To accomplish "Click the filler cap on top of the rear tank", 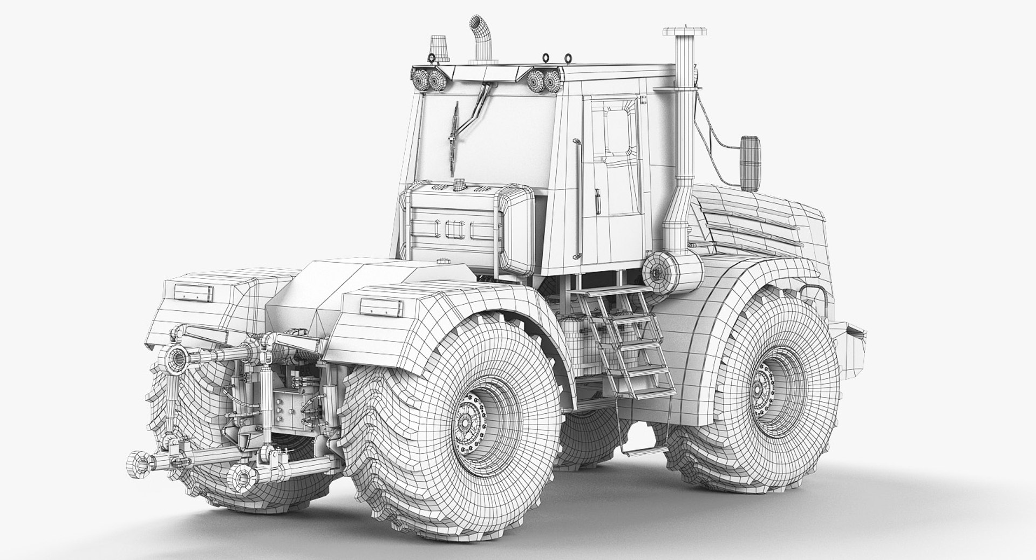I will coord(459,185).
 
